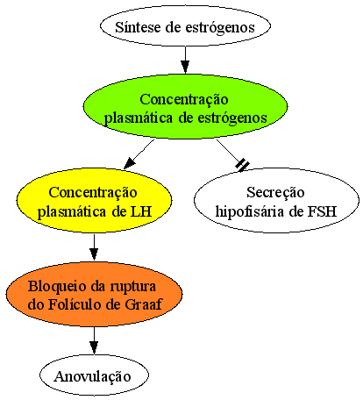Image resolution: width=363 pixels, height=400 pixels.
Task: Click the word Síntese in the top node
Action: (x=139, y=27)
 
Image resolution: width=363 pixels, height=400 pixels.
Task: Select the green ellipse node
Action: (x=185, y=107)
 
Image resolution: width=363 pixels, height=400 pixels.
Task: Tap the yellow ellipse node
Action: (x=94, y=201)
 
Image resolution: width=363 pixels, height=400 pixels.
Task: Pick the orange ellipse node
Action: (x=94, y=294)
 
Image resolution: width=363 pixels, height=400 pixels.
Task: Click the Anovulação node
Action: (x=94, y=375)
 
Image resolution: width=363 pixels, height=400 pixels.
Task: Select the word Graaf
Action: (x=143, y=304)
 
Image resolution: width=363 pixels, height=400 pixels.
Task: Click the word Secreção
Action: (x=275, y=193)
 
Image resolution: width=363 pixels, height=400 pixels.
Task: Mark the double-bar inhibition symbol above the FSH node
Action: (x=242, y=166)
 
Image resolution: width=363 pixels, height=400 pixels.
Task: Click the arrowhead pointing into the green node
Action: (x=185, y=67)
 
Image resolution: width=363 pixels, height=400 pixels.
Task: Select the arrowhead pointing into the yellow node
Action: (x=129, y=164)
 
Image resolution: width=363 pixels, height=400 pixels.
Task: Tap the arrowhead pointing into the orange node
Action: (x=94, y=254)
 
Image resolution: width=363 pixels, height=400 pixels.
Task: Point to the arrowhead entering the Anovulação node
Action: (x=94, y=347)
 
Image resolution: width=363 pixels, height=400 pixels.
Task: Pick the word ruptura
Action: (x=133, y=287)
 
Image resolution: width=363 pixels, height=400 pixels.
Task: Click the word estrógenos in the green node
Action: (x=232, y=118)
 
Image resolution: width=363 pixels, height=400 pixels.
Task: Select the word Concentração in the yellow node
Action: (x=93, y=193)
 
